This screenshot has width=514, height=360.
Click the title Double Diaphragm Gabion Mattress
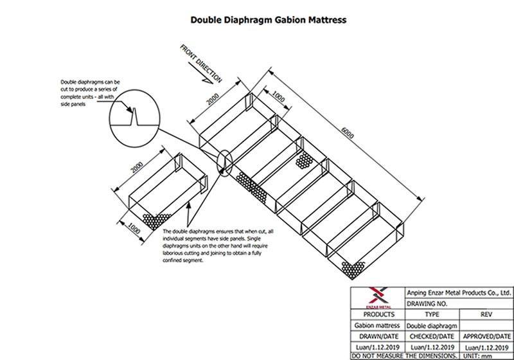click(268, 20)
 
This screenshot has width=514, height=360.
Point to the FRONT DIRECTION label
click(201, 64)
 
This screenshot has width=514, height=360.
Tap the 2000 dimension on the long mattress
click(213, 99)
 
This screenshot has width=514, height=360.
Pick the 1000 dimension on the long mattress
click(278, 97)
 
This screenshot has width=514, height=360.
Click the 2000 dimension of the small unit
click(137, 167)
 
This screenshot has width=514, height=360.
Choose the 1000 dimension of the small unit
click(134, 228)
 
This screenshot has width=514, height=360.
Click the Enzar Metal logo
click(378, 298)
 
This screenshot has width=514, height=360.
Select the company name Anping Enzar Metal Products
click(459, 292)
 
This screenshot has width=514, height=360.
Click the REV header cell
click(486, 314)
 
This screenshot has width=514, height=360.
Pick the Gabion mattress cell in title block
click(377, 325)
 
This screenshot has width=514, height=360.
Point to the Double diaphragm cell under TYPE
click(432, 325)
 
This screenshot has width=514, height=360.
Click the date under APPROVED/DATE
click(487, 348)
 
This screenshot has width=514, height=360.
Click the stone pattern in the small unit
click(156, 221)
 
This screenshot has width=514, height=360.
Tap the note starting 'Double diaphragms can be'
click(91, 93)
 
